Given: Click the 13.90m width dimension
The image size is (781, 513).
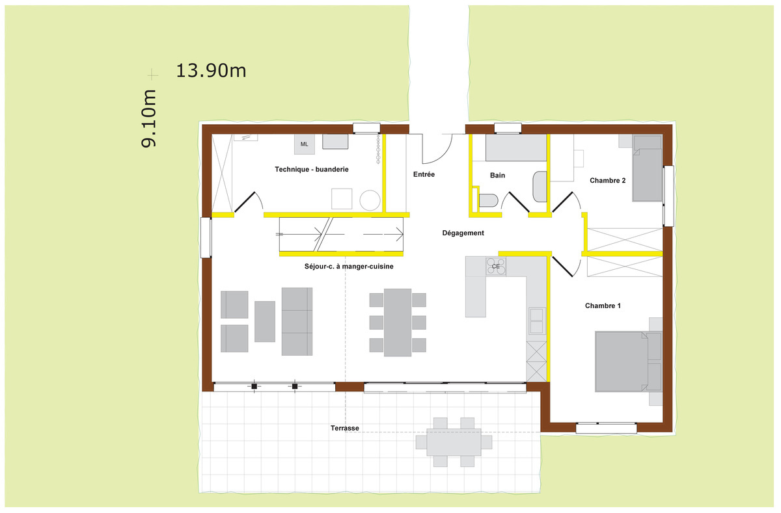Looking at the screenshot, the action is coord(211,71).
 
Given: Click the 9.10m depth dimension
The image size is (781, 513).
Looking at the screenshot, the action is coord(148,118).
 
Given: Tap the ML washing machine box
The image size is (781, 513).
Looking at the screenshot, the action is coord(305,144).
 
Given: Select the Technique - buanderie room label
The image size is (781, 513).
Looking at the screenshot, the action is coord(312,169).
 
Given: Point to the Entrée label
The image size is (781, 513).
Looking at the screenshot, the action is coord(424,174).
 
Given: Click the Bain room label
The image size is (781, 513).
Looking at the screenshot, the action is coord(497,175).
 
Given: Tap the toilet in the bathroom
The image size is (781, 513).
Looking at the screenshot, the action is coord(488,201).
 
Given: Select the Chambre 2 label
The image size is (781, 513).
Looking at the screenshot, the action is coord(608,180).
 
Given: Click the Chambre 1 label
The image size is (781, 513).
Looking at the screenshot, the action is coord(603,306).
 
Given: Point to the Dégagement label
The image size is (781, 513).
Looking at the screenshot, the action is coord(463,233).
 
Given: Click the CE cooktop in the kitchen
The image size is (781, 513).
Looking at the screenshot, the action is coord(496,267).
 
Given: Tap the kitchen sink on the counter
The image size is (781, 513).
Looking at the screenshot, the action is coord(536,321).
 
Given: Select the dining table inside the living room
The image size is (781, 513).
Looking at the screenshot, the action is coord(398,322).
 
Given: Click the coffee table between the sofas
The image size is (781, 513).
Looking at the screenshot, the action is coord(265,321).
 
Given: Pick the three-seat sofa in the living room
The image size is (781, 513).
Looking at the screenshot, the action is coord(297,321).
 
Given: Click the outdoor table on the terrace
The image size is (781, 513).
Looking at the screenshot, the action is coord(454,442).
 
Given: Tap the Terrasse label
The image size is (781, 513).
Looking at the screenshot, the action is coord(345,428).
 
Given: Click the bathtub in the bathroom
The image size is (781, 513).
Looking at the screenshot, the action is coord(516,148).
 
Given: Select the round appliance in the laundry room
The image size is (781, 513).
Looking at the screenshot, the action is coord(370,200).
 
